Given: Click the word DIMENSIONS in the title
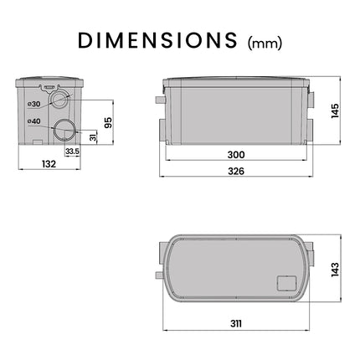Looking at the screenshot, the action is [x=157, y=41].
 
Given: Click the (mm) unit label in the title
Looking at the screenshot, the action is [x=265, y=44].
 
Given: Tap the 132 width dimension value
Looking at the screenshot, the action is [x=49, y=164].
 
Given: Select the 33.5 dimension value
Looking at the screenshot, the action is [x=72, y=152].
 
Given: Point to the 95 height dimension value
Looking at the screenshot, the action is [x=108, y=122].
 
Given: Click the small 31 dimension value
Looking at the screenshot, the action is [x=94, y=136].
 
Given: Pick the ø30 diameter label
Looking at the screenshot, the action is [x=34, y=104].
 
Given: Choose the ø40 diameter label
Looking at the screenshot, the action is [x=34, y=121].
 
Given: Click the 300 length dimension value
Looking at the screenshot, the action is [x=236, y=155].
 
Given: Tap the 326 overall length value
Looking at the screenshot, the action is [x=236, y=171].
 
